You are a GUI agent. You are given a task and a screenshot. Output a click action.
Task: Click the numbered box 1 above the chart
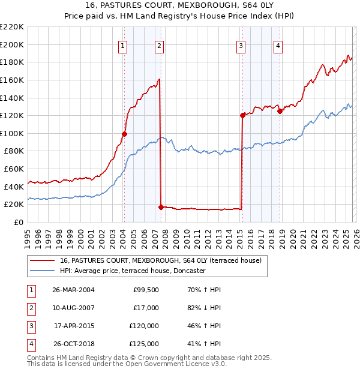123,46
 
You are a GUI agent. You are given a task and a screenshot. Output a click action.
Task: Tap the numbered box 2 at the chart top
159,46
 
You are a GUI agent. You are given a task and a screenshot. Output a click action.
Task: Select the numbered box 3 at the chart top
241,46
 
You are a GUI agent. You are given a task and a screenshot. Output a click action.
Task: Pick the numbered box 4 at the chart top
278,46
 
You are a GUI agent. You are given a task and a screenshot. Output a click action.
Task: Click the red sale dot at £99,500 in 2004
124,134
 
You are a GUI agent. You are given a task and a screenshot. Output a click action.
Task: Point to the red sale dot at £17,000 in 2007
161,207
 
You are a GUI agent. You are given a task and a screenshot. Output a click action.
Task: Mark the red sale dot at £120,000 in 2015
242,115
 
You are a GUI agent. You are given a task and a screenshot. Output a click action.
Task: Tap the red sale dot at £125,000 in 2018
280,111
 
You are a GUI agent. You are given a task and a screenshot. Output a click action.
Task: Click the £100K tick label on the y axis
13,133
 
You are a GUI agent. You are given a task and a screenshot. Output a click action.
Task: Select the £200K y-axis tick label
13,44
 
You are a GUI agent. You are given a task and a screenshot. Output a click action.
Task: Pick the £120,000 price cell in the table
144,326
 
